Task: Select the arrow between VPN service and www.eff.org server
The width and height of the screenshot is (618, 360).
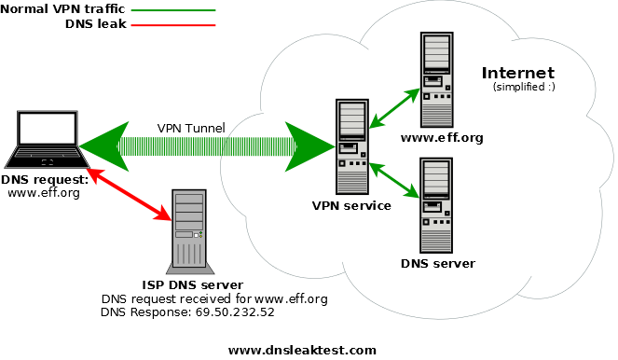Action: coord(392,108)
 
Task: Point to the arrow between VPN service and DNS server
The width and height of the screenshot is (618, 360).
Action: coord(392,180)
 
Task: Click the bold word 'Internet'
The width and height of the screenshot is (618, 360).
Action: coord(517,73)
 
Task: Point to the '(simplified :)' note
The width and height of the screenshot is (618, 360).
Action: coord(523,87)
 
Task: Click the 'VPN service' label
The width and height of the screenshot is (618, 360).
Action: coord(352,205)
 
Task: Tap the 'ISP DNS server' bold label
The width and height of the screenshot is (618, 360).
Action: coord(193,284)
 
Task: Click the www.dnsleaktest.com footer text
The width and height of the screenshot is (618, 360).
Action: coord(302,350)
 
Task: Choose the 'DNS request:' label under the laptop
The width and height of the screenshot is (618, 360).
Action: coord(44,179)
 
